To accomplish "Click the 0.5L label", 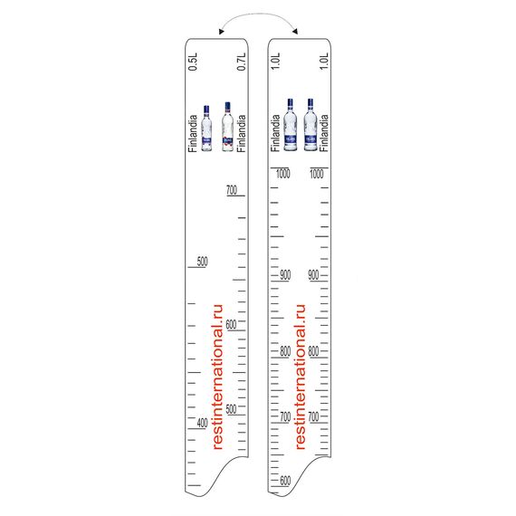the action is (x=193, y=62).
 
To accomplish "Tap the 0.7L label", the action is (x=241, y=62).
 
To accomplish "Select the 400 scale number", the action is (x=203, y=423).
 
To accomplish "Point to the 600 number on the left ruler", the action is (x=231, y=324).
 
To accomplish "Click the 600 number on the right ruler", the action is (x=285, y=481).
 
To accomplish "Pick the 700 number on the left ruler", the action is (x=232, y=190).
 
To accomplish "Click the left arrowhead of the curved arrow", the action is (x=221, y=32).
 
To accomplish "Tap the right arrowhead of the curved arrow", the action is (x=295, y=32).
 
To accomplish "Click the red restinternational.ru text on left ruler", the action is (x=217, y=377).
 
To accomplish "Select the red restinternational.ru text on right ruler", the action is (x=301, y=377).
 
